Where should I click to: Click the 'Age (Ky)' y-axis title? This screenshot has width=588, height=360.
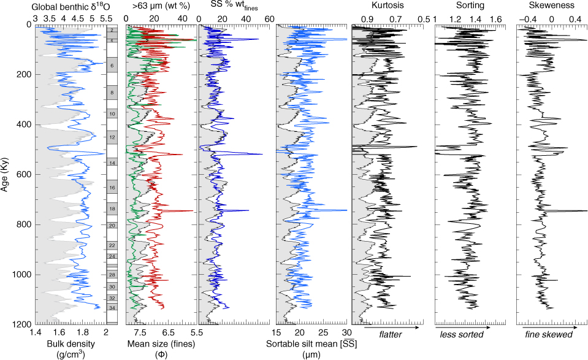pyautogui.click(x=6, y=174)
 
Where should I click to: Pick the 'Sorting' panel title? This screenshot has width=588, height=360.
pyautogui.click(x=470, y=6)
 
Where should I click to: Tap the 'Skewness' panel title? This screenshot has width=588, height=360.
pyautogui.click(x=552, y=6)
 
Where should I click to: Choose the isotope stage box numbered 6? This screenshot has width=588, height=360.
pyautogui.click(x=112, y=66)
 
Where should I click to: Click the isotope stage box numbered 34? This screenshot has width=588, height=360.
pyautogui.click(x=112, y=307)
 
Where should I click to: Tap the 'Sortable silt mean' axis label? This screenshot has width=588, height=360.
pyautogui.click(x=311, y=345)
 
